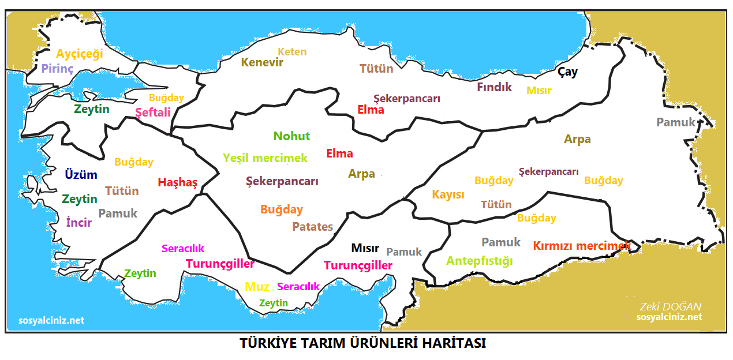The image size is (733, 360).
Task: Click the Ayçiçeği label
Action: coord(79,54)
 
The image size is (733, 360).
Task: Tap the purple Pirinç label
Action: coord(57,69)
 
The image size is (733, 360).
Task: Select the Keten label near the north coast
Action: coord(292,52)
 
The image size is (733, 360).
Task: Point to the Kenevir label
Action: coord(262,63)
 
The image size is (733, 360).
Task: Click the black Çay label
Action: coord(567,72)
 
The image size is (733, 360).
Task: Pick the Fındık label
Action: coord(494,87)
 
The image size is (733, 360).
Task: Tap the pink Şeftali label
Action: coord(153,112)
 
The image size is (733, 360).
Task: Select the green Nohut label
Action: coord(291,137)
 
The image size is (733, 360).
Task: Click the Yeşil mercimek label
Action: coord(265,158)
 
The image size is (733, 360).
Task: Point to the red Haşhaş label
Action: coord(178,183)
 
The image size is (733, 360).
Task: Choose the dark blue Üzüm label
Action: coord(81,175)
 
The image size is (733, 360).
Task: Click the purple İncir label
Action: coord(79,223)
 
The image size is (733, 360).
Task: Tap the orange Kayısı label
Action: coord(448,195)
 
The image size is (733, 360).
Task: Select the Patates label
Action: coord(312,227)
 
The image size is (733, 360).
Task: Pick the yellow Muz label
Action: coord(257,287)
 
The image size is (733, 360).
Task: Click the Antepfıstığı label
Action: coord(479,261)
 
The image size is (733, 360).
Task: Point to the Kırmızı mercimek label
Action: coord(582,246)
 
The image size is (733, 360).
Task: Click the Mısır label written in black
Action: coord(365,249)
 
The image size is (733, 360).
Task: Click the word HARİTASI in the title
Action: coord(451,343)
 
